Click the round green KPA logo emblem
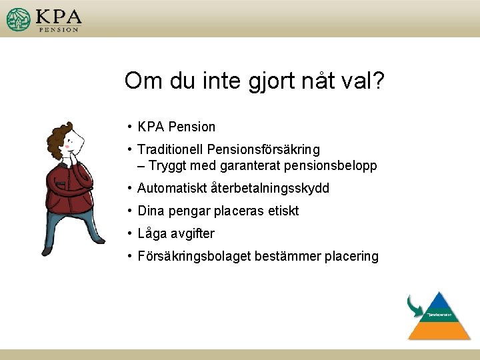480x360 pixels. pos(19,19)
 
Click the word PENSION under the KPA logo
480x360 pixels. pos(59,29)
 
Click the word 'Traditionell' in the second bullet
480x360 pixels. pos(170,149)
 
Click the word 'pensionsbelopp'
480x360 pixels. pos(335,165)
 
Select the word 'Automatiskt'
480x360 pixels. pos(171,189)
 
